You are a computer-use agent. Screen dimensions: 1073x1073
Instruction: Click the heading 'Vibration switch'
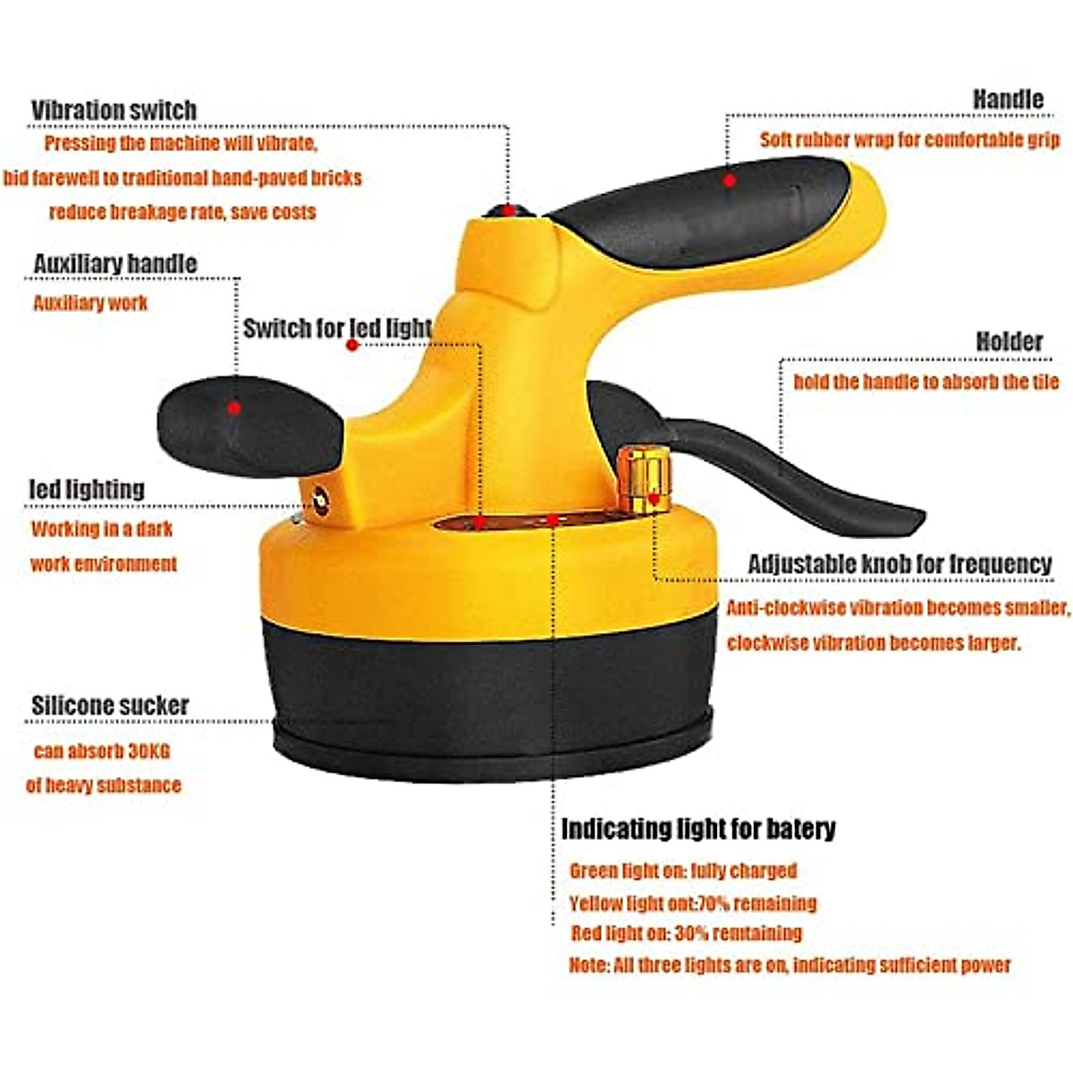click(x=114, y=110)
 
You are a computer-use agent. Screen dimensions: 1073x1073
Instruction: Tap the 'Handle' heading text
click(x=1008, y=99)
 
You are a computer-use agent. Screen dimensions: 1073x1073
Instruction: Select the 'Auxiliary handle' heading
click(x=114, y=264)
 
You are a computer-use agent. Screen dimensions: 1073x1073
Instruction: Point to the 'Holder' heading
click(x=1009, y=342)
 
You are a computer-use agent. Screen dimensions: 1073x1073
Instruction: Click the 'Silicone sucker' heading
click(x=110, y=705)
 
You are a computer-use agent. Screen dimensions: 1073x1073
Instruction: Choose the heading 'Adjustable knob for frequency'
click(x=900, y=564)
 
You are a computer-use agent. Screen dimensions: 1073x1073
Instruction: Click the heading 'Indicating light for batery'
click(x=698, y=829)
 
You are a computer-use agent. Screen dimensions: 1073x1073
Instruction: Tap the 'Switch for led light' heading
click(x=337, y=328)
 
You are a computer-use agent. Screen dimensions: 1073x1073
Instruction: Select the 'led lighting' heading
click(x=87, y=489)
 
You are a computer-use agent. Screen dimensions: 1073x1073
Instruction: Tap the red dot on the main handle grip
click(x=730, y=181)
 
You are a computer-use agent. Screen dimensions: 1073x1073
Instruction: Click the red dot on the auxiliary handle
click(x=233, y=408)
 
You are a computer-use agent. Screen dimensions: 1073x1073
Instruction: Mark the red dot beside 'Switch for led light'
click(x=352, y=344)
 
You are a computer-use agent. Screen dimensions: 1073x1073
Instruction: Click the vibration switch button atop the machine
click(x=507, y=211)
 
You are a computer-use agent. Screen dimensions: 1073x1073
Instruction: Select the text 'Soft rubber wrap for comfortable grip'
click(x=909, y=139)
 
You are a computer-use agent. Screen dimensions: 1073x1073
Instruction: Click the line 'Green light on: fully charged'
click(x=682, y=870)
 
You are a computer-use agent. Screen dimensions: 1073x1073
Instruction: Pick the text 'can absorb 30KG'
click(x=101, y=751)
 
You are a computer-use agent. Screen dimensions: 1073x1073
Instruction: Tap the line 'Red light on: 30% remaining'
click(x=686, y=934)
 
